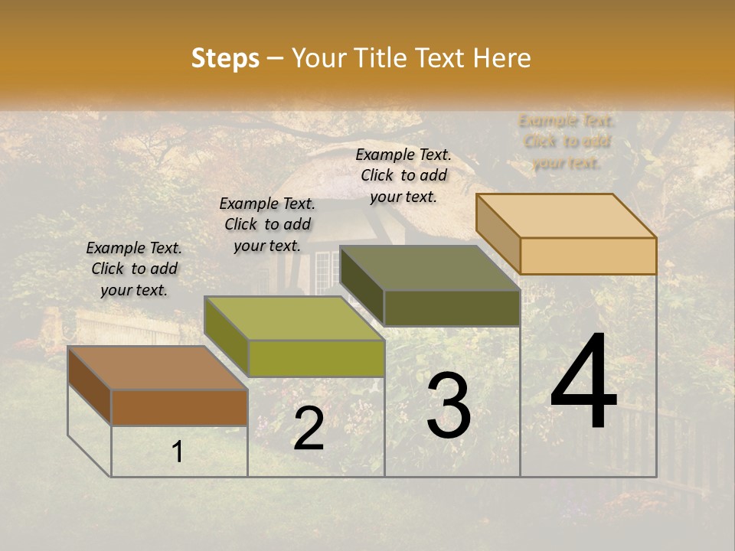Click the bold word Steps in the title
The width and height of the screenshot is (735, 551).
pyautogui.click(x=225, y=58)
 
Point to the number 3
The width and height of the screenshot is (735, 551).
pyautogui.click(x=449, y=406)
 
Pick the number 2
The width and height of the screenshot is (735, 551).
pyautogui.click(x=309, y=429)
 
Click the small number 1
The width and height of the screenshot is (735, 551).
pyautogui.click(x=178, y=452)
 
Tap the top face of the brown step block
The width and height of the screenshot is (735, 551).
pyautogui.click(x=158, y=367)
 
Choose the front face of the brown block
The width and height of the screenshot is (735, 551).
pyautogui.click(x=179, y=407)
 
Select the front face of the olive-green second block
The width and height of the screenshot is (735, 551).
pyautogui.click(x=316, y=358)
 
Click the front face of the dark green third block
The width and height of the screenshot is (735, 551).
pyautogui.click(x=452, y=308)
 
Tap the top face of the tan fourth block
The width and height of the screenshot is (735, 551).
pyautogui.click(x=566, y=216)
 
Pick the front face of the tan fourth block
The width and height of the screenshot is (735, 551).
pyautogui.click(x=588, y=256)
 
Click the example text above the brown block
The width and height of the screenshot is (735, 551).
pyautogui.click(x=134, y=269)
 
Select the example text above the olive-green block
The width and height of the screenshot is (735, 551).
pyautogui.click(x=267, y=224)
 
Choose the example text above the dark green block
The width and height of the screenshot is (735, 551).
pyautogui.click(x=403, y=175)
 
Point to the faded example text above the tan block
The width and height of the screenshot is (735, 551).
pyautogui.click(x=567, y=142)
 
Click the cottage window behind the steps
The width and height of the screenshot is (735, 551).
pyautogui.click(x=322, y=272)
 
